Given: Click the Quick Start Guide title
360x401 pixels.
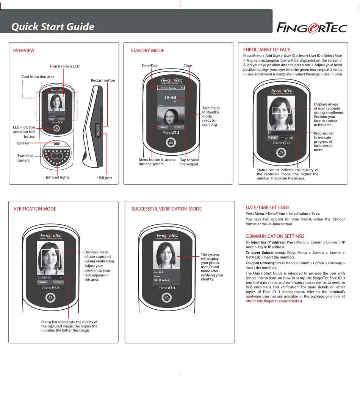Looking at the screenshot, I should pyautogui.click(x=53, y=27).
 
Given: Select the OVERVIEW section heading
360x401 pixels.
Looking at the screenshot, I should pyautogui.click(x=23, y=51).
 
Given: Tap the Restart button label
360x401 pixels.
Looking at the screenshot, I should pyautogui.click(x=103, y=80).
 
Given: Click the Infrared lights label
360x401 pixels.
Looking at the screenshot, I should pyautogui.click(x=58, y=177).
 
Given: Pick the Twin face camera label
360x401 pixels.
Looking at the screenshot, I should pyautogui.click(x=26, y=158).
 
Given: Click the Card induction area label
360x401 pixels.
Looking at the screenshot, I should pyautogui.click(x=38, y=76).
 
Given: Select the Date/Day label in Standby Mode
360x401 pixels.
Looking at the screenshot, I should pyautogui.click(x=149, y=66).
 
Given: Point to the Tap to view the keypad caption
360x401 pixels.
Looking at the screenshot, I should pyautogui.click(x=189, y=162).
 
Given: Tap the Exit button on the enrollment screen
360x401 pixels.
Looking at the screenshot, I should pyautogui.click(x=273, y=138).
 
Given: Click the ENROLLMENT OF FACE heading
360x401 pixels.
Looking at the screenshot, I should pyautogui.click(x=266, y=50).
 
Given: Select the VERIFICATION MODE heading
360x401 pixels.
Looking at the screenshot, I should pyautogui.click(x=35, y=209).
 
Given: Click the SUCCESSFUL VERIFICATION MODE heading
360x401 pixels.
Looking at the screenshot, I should pyautogui.click(x=166, y=209).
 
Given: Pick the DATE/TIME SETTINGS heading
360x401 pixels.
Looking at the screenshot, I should pyautogui.click(x=268, y=208).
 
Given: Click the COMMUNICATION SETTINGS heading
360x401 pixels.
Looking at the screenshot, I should pyautogui.click(x=275, y=236).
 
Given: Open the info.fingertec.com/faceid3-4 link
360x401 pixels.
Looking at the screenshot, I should pyautogui.click(x=274, y=301).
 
